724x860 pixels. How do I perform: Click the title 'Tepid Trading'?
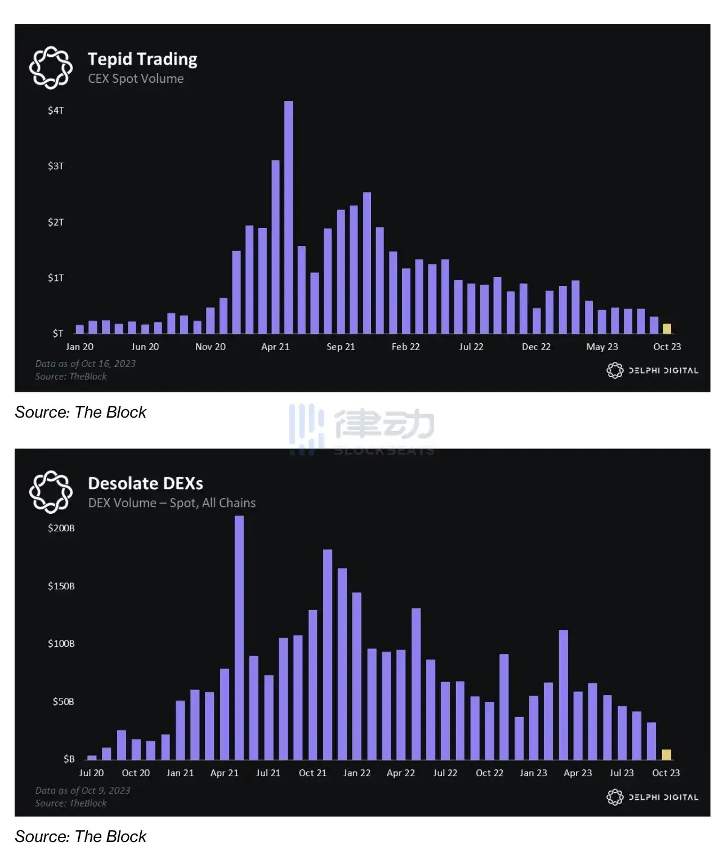[142, 59]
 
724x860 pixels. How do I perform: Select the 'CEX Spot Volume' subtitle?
[136, 79]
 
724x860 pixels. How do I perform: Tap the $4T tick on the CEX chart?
[56, 110]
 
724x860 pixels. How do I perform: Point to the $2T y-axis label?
[56, 222]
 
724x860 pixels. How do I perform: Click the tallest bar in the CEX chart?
[288, 217]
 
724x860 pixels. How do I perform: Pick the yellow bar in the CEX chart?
[667, 329]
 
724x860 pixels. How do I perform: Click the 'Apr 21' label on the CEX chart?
[275, 347]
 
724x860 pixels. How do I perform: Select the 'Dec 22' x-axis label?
[536, 347]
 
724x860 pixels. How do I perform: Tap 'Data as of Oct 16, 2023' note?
[86, 364]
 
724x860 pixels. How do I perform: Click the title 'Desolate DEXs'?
[145, 483]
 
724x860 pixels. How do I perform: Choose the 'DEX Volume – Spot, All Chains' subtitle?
[172, 503]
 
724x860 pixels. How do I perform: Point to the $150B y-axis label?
[61, 586]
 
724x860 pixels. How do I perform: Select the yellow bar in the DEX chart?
[667, 754]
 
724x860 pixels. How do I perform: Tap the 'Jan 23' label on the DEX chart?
[533, 773]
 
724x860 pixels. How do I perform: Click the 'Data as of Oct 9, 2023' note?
[83, 790]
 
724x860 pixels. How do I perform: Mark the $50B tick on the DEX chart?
[63, 701]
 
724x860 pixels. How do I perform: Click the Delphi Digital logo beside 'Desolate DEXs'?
[51, 492]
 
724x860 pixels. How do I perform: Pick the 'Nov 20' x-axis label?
[211, 347]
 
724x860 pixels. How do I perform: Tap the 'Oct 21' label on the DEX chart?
[312, 773]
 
